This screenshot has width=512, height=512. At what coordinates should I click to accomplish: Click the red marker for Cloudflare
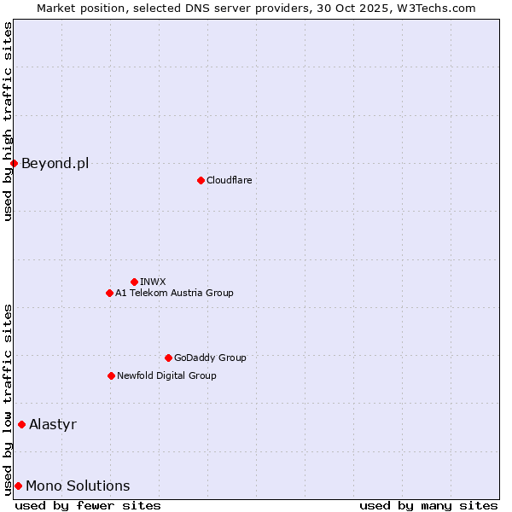201,180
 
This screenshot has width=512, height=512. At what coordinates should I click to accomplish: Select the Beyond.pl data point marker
15,163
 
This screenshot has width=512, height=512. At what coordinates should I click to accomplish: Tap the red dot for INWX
134,282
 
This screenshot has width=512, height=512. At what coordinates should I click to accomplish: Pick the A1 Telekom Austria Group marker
109,293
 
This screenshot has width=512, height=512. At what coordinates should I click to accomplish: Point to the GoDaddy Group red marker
168,358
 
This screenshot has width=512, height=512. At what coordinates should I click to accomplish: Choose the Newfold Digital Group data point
111,375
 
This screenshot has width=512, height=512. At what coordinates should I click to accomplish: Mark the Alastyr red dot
21,424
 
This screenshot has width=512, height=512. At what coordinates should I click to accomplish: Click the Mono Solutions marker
18,486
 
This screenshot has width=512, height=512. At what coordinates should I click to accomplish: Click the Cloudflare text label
230,180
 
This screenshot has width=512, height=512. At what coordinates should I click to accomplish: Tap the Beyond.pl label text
55,163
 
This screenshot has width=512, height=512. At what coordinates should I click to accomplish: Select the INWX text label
154,282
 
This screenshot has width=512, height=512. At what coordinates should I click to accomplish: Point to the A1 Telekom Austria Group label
174,293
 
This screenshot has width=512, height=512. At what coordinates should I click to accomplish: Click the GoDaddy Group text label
210,358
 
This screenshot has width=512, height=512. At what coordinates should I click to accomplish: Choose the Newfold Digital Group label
166,375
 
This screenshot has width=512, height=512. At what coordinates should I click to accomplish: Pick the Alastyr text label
53,424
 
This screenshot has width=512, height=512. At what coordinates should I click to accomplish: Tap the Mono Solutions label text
78,486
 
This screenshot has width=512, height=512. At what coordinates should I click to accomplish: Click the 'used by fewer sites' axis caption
88,505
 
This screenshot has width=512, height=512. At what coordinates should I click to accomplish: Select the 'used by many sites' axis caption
428,505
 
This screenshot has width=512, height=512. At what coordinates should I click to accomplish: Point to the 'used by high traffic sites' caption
8,121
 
